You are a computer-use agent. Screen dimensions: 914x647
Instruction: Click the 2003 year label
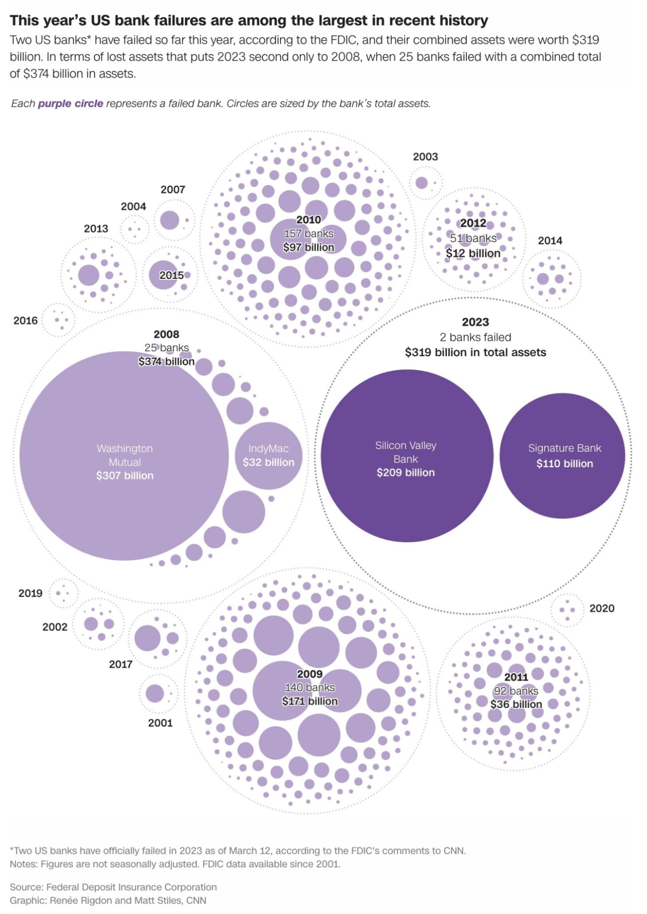pos(425,157)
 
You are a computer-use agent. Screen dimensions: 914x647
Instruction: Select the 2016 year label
pos(26,321)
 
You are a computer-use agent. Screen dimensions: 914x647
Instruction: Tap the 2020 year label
pos(602,608)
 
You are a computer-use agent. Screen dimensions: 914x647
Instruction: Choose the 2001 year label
pos(160,723)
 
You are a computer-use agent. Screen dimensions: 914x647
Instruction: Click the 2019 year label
pos(30,593)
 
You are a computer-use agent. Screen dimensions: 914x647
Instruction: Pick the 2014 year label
pos(550,241)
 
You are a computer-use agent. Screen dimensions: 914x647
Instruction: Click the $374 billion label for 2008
pos(166,362)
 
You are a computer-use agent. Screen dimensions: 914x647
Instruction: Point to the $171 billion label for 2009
pos(310,701)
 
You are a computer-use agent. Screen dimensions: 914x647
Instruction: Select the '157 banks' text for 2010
pos(309,234)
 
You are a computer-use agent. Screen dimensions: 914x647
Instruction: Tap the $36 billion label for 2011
pos(516,704)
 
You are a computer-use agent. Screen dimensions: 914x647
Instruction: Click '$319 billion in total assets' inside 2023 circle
pos(476,353)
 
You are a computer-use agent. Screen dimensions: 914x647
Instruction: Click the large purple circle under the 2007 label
pos(170,220)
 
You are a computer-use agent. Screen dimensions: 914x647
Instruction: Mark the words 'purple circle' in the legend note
pos(70,104)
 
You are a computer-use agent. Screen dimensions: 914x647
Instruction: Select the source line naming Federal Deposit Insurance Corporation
pos(113,887)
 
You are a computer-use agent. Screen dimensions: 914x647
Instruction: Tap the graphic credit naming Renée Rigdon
pos(108,900)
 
